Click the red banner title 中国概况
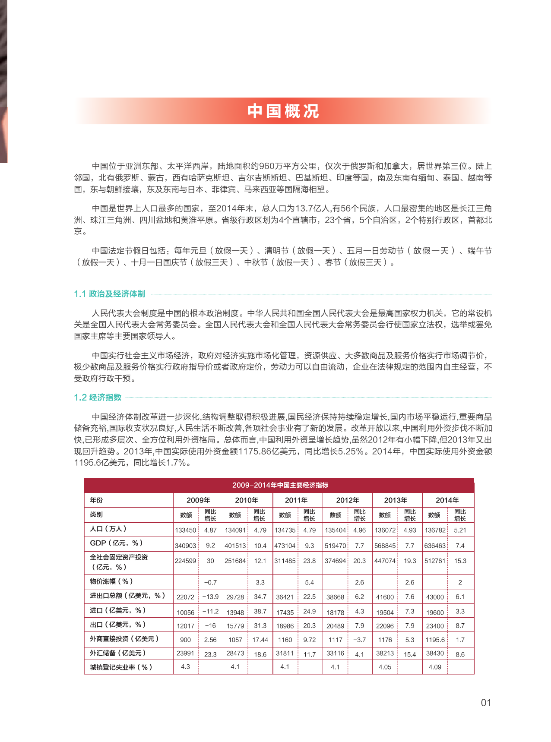coord(283,111)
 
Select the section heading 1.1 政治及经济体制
coord(109,294)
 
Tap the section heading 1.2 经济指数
coord(98,398)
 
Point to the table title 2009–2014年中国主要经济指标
coord(280,485)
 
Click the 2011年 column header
coord(296,500)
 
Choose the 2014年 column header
coord(447,500)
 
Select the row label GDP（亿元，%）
coord(116,543)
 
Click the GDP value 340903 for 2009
coord(185,546)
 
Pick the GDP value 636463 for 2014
coord(435,546)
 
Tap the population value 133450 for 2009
coord(185,530)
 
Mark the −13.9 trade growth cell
coord(210,597)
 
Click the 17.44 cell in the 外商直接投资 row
coord(260,640)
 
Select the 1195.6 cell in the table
coord(435,640)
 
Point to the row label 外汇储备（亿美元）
coord(118,653)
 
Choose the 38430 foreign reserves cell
coord(435,654)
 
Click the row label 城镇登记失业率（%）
coord(121,667)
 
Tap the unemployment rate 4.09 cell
coord(435,667)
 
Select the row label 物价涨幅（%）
coord(111,581)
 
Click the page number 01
coord(486,703)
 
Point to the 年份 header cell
coord(96,500)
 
